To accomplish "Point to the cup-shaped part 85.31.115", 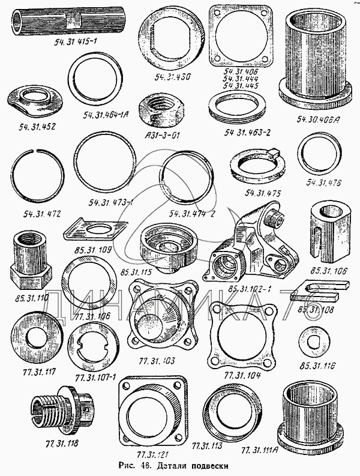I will (x=163, y=244).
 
